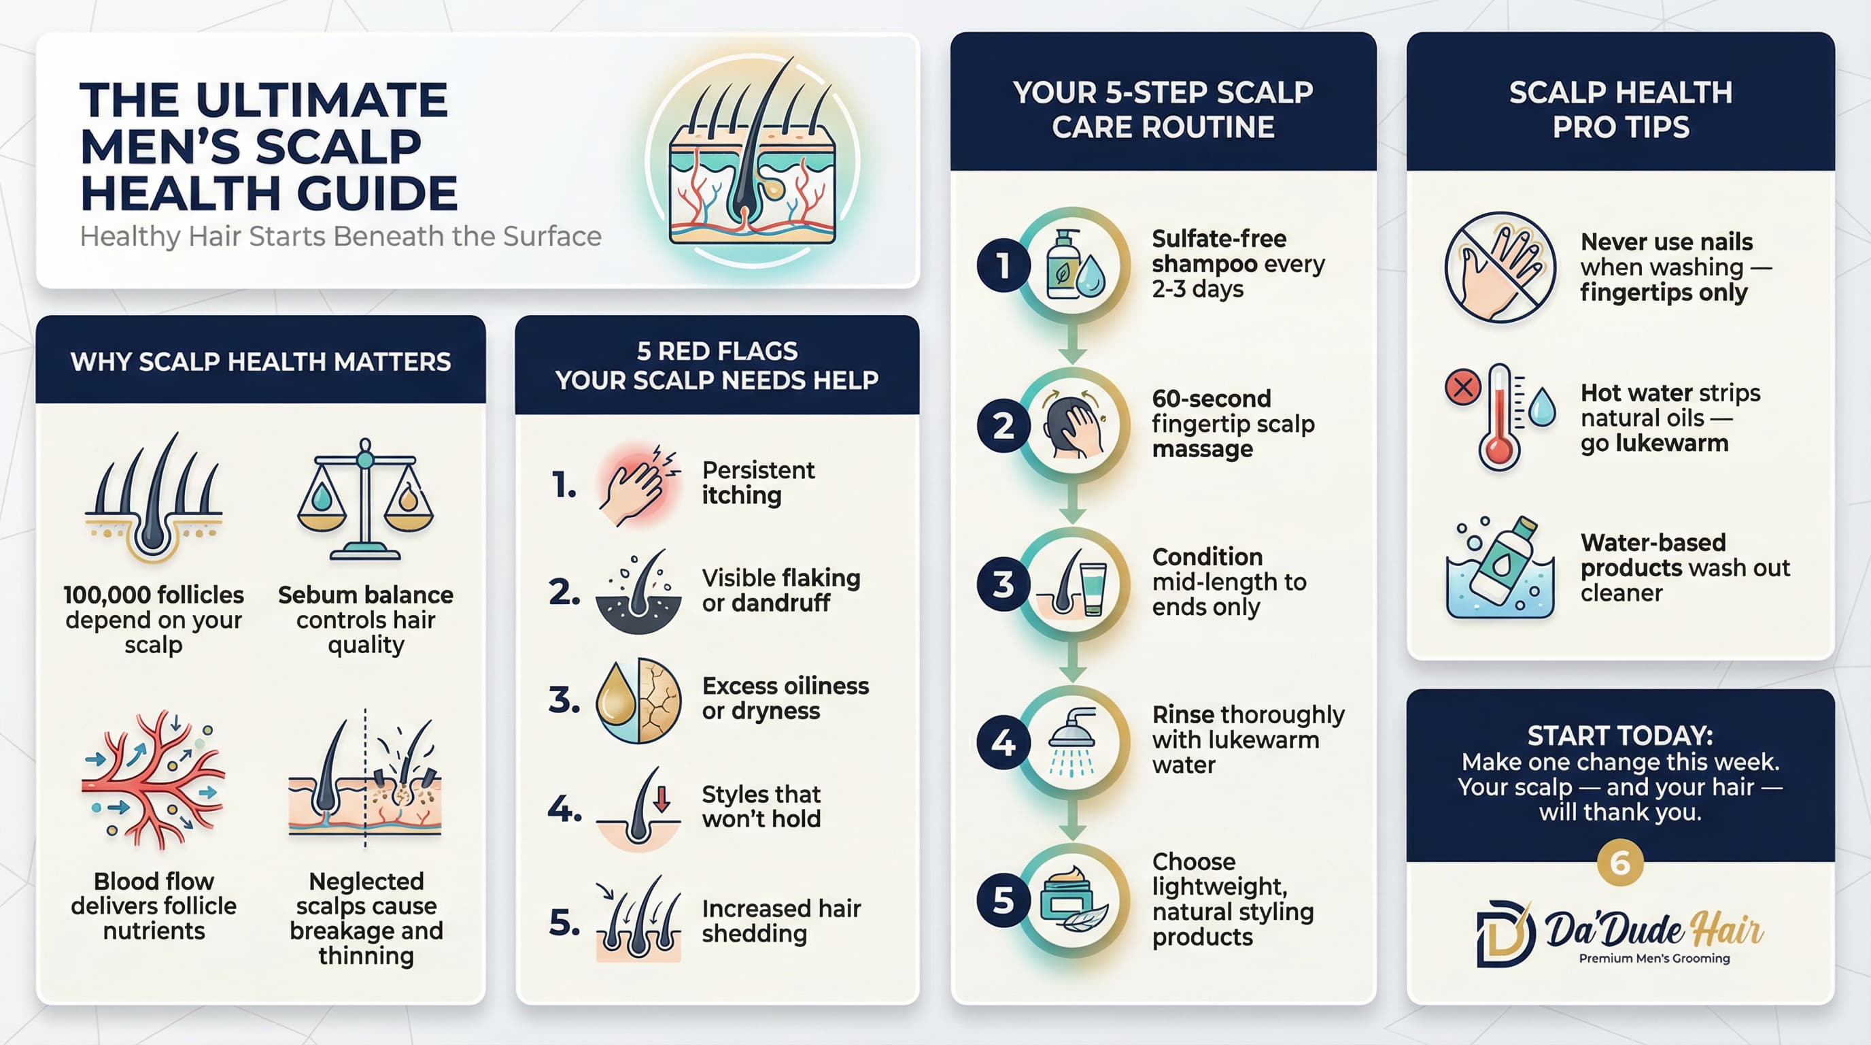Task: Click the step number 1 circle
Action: coord(1003,266)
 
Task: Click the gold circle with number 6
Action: coord(1619,863)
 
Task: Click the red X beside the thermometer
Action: coord(1463,386)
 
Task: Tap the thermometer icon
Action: coord(1499,418)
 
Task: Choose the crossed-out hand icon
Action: coord(1500,267)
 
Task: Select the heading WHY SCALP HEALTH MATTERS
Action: coord(261,361)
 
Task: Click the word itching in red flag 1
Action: coord(741,495)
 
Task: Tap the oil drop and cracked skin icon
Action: coord(638,701)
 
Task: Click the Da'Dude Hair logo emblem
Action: coord(1505,933)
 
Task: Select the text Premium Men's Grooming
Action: coord(1654,959)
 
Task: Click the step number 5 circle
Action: coord(1003,901)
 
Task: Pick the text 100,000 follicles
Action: coord(153,595)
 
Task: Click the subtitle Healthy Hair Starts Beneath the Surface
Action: coord(340,237)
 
